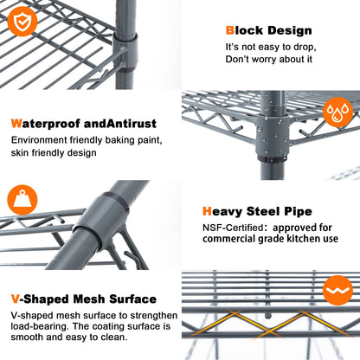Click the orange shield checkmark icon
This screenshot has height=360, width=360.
point(22,22)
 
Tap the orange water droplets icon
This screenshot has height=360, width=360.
point(337,112)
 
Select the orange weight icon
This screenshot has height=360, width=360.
point(22,200)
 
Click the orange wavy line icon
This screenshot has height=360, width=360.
point(337,290)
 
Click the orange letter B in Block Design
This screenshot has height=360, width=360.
point(230,30)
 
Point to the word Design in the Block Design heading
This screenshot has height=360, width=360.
point(289,31)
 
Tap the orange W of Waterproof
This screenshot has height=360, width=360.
point(16,124)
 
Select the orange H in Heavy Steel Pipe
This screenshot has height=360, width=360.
point(207,211)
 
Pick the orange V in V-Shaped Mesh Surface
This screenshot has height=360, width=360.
point(16,299)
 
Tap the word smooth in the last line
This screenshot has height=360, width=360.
point(27,337)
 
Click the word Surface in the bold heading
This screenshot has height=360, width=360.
point(132,299)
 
